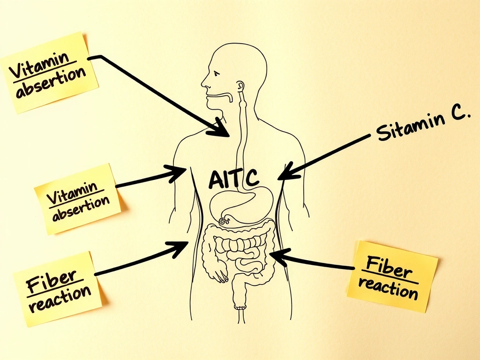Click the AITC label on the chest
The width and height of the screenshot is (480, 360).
[232, 178]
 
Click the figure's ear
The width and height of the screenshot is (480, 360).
[240, 87]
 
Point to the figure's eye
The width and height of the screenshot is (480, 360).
[216, 74]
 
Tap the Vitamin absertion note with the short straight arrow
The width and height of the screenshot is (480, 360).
[77, 199]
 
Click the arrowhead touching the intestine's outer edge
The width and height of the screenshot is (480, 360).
[276, 256]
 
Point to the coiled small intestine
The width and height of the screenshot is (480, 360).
[237, 248]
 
